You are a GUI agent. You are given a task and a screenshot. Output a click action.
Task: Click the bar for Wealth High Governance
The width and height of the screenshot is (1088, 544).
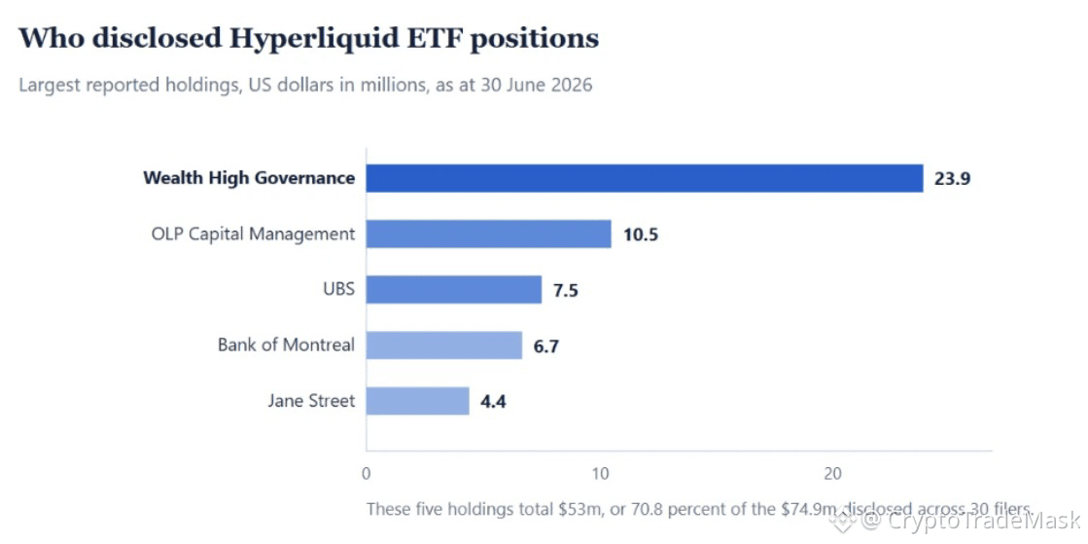tap(645, 178)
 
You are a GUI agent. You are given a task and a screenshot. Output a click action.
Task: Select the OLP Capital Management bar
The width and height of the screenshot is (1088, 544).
tap(488, 234)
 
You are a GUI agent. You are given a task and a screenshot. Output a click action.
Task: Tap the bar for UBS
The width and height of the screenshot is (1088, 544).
tap(454, 289)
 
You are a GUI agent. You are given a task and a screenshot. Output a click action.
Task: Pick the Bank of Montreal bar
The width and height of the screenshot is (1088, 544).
tap(444, 345)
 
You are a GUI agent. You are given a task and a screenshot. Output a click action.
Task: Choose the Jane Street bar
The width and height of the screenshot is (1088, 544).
tap(418, 401)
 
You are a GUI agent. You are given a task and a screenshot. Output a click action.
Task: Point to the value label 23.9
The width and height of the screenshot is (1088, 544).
tap(952, 178)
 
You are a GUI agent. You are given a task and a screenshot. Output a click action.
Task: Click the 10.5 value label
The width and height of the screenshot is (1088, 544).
tap(641, 235)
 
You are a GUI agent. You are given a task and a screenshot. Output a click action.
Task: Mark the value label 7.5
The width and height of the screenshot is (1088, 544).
tap(566, 290)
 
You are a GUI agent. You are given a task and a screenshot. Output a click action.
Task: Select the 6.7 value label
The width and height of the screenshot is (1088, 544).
tap(546, 346)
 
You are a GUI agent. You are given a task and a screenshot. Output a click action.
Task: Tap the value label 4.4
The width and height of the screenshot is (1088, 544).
tap(493, 402)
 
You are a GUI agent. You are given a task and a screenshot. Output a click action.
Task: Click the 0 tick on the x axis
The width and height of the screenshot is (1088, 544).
tap(367, 475)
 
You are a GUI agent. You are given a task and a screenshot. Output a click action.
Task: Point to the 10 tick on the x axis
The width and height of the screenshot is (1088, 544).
tap(600, 475)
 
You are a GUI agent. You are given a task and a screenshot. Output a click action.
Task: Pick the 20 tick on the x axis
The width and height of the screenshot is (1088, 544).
tap(833, 475)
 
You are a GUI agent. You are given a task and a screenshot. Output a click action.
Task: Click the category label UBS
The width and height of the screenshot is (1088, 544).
tap(340, 288)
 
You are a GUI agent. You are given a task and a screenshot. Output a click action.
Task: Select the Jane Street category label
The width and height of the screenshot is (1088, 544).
tap(311, 400)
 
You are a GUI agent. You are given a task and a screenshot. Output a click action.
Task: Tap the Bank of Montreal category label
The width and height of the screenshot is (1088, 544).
tap(287, 344)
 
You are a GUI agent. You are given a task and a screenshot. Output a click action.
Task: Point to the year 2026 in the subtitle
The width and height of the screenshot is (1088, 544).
tap(573, 87)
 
